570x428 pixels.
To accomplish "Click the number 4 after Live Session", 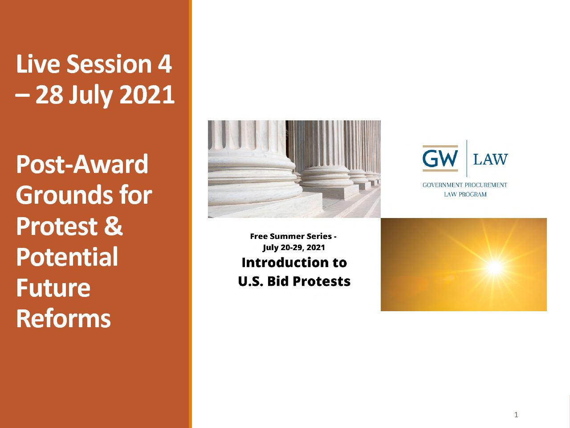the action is click(x=164, y=64).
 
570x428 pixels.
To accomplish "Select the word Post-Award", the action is click(x=82, y=164).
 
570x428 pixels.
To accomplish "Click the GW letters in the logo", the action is click(x=440, y=159).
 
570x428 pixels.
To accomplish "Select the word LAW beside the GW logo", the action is click(x=491, y=159).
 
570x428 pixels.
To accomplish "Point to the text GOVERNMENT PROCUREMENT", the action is click(x=465, y=185).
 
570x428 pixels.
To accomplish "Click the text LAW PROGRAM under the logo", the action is click(x=465, y=194).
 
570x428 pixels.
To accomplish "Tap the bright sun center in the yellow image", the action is click(x=495, y=267).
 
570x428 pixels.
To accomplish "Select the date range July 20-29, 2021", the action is click(x=294, y=247).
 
